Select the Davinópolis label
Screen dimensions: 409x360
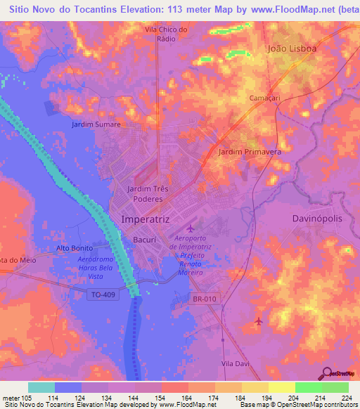(316, 219)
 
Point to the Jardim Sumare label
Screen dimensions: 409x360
(96, 124)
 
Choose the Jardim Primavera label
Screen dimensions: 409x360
(250, 152)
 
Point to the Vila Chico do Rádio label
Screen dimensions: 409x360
(166, 34)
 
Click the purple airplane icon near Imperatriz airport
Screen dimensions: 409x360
(190, 228)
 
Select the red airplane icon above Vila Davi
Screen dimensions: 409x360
(259, 321)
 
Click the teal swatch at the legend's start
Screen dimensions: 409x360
(41, 387)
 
